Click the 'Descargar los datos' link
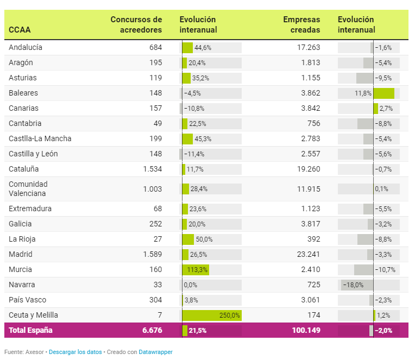(x=75, y=352)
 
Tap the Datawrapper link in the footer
(x=155, y=352)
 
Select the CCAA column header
(x=20, y=30)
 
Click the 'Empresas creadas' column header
(x=301, y=24)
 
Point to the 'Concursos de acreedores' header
(x=136, y=24)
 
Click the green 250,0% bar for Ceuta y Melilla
(x=212, y=315)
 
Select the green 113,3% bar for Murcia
(x=196, y=270)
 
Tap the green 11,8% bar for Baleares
(x=384, y=93)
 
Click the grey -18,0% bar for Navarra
(x=357, y=285)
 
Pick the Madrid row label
(x=21, y=254)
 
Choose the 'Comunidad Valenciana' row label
(x=28, y=189)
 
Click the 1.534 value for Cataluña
(x=153, y=169)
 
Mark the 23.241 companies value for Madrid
(x=309, y=254)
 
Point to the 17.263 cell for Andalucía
(x=309, y=47)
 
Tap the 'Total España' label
(x=30, y=330)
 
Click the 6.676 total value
(x=152, y=330)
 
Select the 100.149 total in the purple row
(x=306, y=330)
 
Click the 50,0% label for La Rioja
(x=204, y=239)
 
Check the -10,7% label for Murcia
(x=385, y=270)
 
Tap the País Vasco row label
(x=27, y=300)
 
